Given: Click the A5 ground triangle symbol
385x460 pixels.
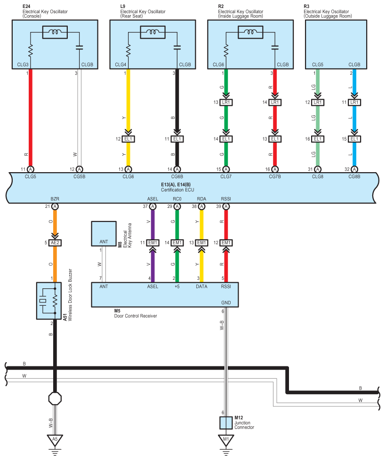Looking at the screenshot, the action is (55, 439).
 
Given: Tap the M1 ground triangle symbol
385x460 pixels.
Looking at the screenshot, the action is (226, 439).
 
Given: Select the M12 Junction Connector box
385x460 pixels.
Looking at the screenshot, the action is (226, 423).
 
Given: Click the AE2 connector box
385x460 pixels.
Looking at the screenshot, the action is (55, 243).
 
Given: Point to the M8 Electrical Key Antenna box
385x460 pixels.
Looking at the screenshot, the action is (104, 233).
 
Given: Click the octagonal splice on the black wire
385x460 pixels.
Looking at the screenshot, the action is (55, 398).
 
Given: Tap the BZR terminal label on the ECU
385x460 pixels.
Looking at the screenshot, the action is (55, 199).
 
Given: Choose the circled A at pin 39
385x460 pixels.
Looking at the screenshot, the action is (226, 206).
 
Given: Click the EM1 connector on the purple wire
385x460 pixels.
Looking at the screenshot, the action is (152, 243).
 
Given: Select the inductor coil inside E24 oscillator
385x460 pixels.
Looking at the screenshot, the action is (55, 32).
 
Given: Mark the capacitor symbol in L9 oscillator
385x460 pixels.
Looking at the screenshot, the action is (177, 47).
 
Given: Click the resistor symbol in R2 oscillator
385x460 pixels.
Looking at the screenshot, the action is (226, 50).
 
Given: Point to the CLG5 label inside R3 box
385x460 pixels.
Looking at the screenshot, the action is (317, 64).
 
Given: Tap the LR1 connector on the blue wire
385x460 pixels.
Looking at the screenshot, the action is (354, 103).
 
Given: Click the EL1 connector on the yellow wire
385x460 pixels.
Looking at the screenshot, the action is (128, 139).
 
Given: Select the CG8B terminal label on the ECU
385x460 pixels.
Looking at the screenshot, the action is (354, 176).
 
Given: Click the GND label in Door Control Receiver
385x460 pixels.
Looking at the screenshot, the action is (226, 303).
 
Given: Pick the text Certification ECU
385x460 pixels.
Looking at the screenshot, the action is (177, 190).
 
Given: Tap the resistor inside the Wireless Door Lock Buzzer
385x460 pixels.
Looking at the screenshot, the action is (55, 301).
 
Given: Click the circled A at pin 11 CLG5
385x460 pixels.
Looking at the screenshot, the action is (31, 169).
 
